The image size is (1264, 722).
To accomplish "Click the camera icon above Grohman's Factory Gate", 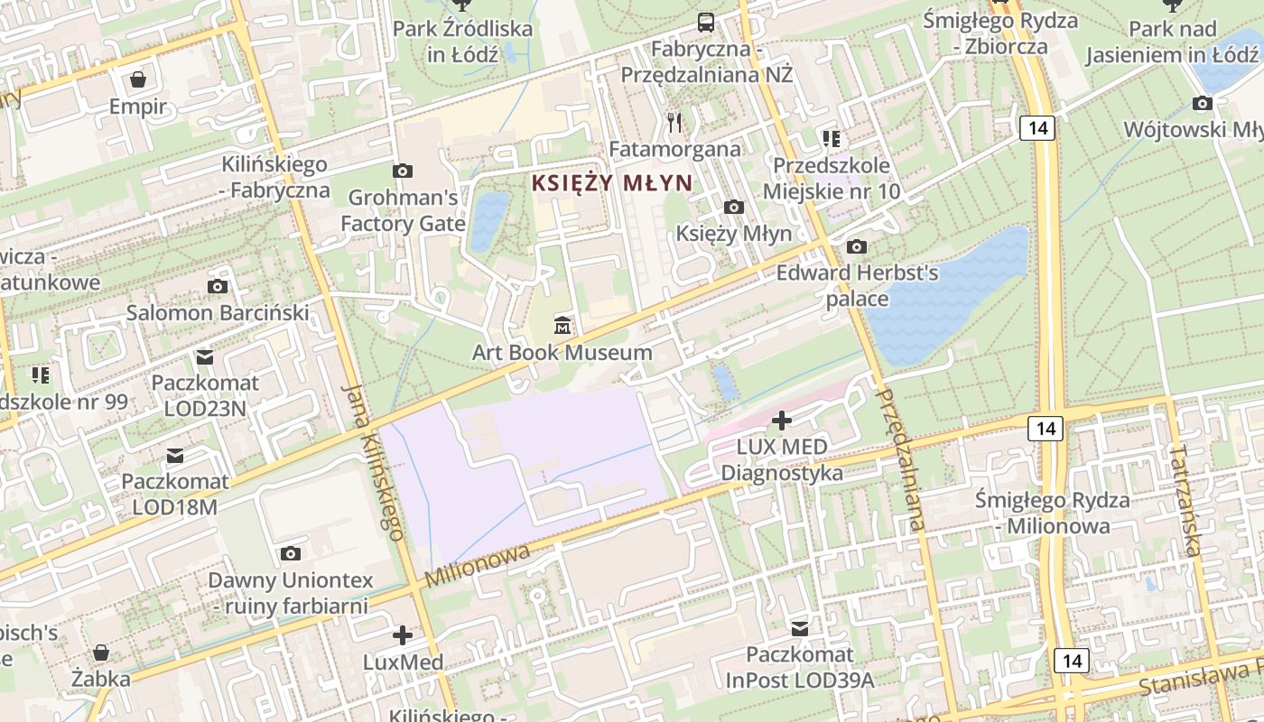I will pos(403,171).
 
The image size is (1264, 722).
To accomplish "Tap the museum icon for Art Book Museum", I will pos(562,325).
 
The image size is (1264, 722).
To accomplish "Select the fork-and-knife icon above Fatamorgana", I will pos(674,122).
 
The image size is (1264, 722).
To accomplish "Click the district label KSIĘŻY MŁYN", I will pos(611,182).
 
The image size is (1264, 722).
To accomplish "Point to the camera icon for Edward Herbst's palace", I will pos(856,246).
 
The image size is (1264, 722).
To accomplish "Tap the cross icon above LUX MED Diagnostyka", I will pos(782,420).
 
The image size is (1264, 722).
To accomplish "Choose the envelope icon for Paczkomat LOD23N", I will pos(205,357).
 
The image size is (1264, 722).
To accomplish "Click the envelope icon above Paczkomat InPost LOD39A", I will pos(800,628).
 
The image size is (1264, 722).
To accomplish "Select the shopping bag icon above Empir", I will pos(138,80).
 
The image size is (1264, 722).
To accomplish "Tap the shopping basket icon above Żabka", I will pos(101,652).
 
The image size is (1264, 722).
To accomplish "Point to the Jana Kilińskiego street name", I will pos(372,461).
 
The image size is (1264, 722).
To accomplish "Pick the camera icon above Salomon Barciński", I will pos(218,287).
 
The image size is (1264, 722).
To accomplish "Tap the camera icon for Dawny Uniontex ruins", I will pos(290,553).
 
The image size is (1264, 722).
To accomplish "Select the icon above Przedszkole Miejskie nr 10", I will pos(831,139).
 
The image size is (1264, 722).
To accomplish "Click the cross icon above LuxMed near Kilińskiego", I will pos(403,635).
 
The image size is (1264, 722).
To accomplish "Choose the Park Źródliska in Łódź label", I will pos(462,41).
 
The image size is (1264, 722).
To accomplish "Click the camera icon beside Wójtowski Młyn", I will pos(1203,104).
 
